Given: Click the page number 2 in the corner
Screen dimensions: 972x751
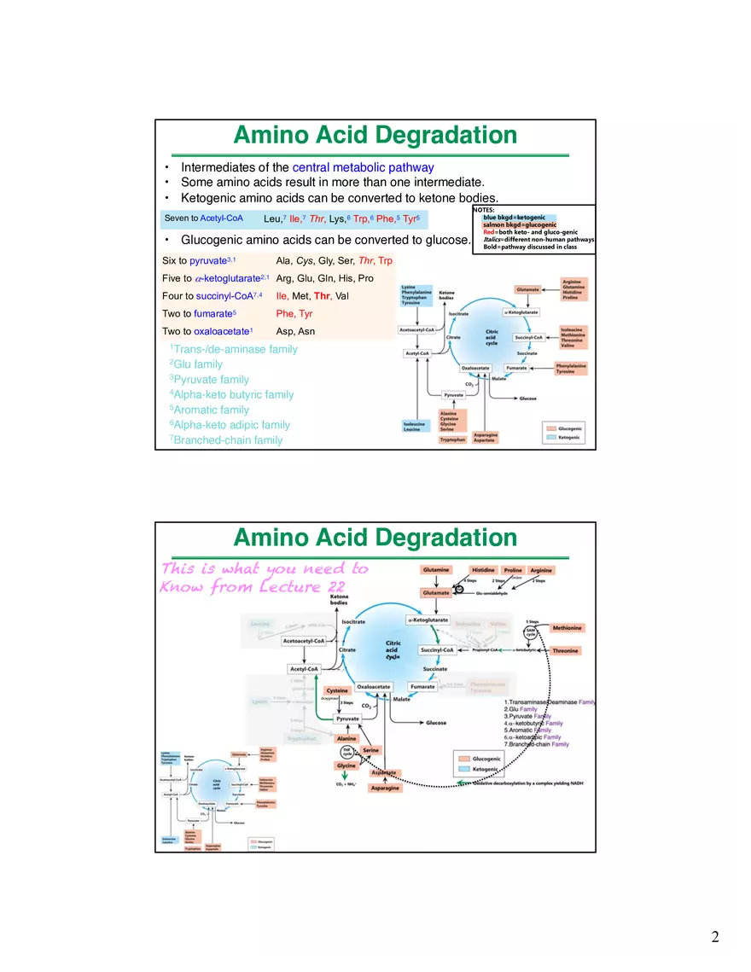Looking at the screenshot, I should pos(715,937).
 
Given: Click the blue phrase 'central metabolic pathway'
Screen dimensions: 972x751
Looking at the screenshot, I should pos(363,168).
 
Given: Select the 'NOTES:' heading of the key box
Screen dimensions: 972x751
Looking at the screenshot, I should pos(483,209).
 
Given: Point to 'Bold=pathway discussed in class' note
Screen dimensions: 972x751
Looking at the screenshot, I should pos(530,247).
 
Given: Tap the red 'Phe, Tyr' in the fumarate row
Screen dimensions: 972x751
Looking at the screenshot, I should pos(294,314).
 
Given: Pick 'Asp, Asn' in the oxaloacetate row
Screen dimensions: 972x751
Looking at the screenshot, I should pos(295,332).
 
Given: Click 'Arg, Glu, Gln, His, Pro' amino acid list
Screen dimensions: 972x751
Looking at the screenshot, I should pos(324,278).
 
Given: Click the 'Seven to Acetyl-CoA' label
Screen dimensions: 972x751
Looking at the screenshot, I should pos(203,218).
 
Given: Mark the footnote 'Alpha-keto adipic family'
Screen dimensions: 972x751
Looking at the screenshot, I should pos(230,425).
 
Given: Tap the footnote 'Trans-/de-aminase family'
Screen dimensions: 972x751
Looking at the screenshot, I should pos(234,349).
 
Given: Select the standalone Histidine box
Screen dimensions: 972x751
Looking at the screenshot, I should pos(483,570).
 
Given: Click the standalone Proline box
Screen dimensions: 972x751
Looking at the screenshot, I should pos(513,570).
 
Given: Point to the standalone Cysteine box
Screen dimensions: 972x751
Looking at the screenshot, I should pos(336,690).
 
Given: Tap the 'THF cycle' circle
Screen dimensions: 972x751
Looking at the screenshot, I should pos(347,752).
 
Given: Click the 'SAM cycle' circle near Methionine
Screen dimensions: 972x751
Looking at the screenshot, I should pos(531,632).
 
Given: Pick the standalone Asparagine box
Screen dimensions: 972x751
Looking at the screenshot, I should pos(385,789).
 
